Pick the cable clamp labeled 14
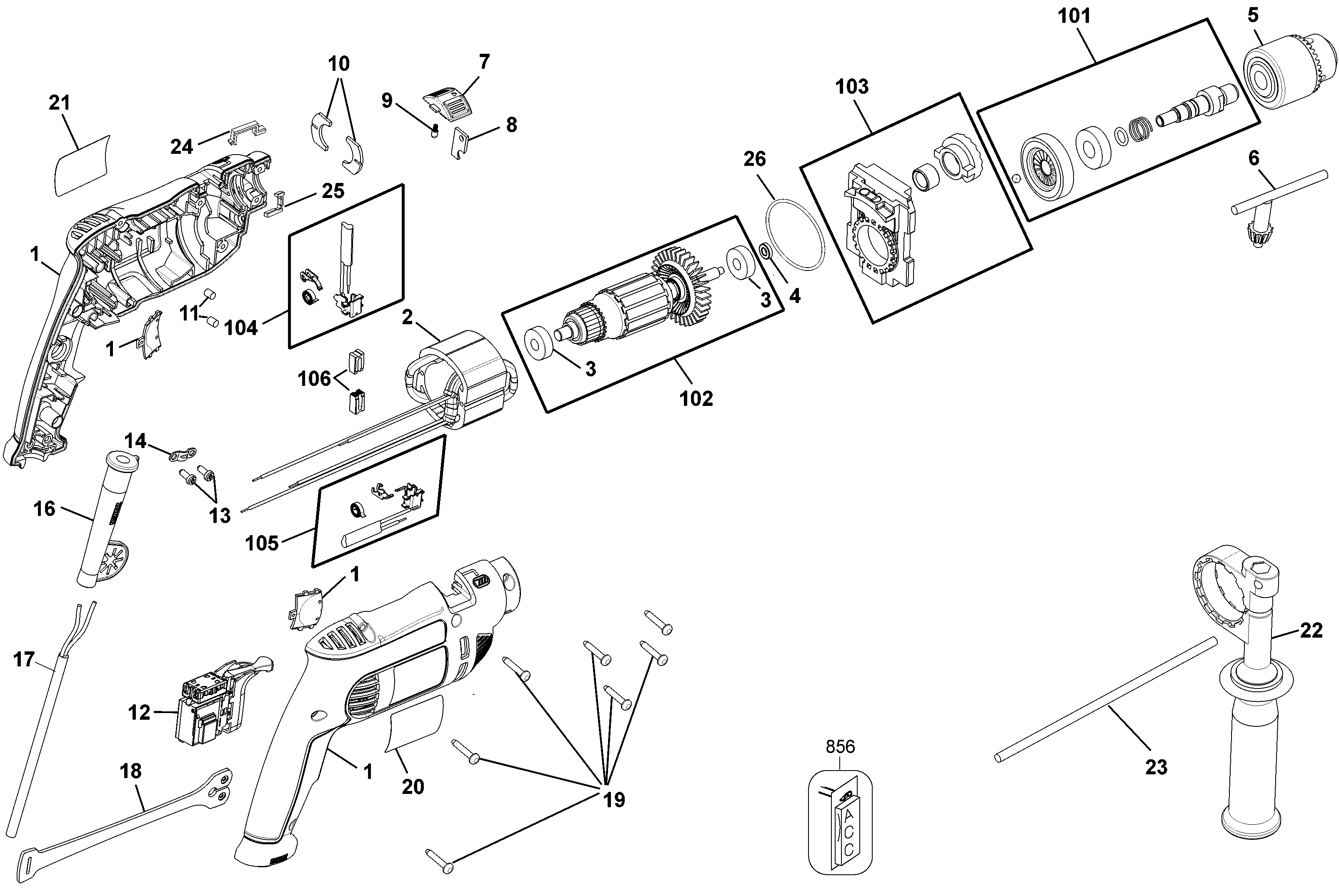tap(183, 453)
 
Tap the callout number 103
tap(851, 87)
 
